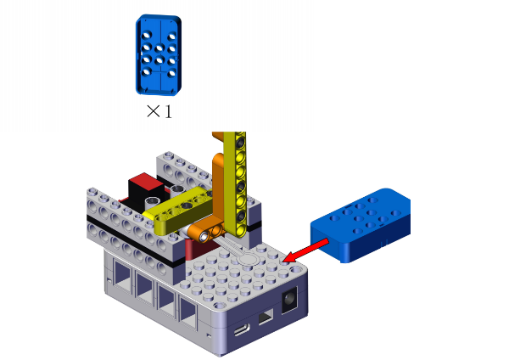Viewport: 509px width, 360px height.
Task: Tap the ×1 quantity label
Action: click(x=159, y=111)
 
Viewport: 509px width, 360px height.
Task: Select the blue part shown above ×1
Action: click(x=159, y=55)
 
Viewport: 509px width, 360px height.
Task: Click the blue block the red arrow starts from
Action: click(x=361, y=225)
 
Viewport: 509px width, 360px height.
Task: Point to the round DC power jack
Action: click(x=289, y=300)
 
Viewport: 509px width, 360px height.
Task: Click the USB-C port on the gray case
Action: click(x=242, y=330)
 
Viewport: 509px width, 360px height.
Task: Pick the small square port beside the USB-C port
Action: click(x=266, y=317)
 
